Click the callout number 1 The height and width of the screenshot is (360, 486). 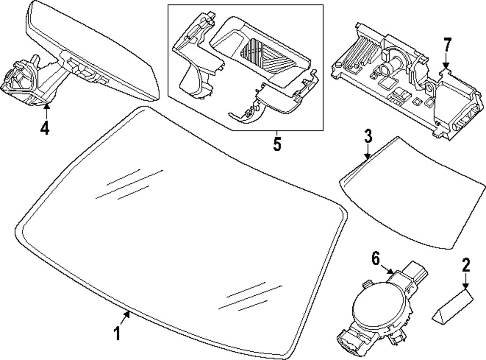coord(116,335)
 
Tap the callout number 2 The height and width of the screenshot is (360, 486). coord(466,266)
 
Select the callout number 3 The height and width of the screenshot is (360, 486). coord(368,136)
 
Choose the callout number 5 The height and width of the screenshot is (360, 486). coord(277,144)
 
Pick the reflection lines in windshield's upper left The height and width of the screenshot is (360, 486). coord(129,185)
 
